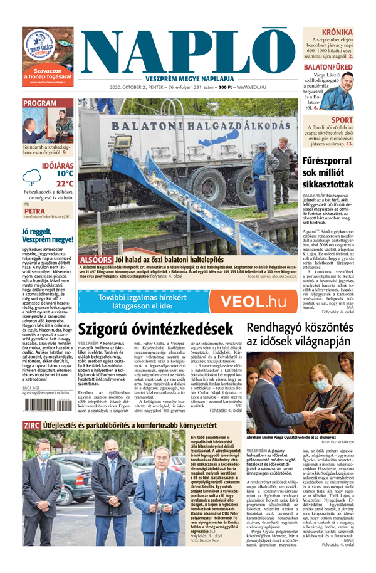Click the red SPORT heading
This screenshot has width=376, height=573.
(342, 120)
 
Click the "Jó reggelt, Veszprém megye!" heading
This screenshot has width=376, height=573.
(47, 235)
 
